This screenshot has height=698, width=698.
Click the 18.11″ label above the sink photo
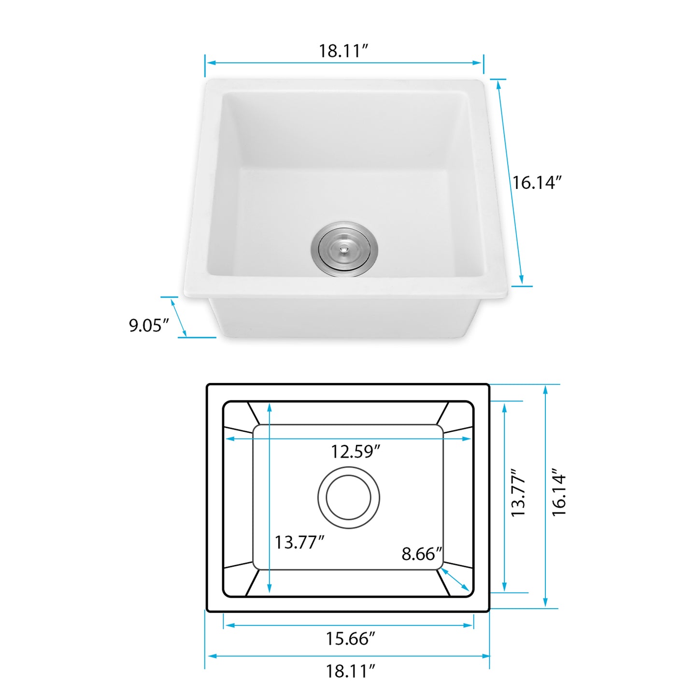pyautogui.click(x=343, y=51)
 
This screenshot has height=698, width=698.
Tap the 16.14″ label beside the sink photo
pyautogui.click(x=537, y=183)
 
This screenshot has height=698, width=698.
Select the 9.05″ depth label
pyautogui.click(x=148, y=325)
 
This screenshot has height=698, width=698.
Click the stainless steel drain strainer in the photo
pyautogui.click(x=344, y=249)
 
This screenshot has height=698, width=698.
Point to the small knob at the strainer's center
pyautogui.click(x=343, y=249)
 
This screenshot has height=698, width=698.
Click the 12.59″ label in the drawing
pyautogui.click(x=355, y=452)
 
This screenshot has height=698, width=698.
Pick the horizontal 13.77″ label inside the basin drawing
pyautogui.click(x=299, y=542)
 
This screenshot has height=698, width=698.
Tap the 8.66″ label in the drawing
pyautogui.click(x=422, y=554)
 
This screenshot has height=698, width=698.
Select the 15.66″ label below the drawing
pyautogui.click(x=350, y=639)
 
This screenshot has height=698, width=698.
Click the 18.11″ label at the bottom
pyautogui.click(x=350, y=671)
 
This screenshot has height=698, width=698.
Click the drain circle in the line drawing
pyautogui.click(x=348, y=498)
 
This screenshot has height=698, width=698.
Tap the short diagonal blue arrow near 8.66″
pyautogui.click(x=455, y=579)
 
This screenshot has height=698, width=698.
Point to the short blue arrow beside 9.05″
pyautogui.click(x=179, y=317)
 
